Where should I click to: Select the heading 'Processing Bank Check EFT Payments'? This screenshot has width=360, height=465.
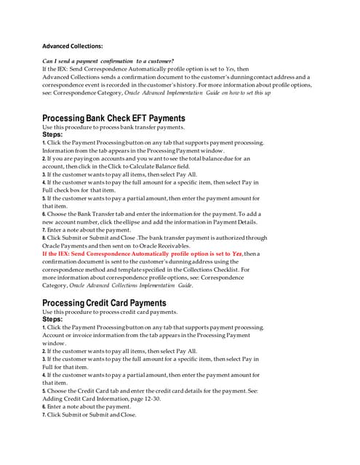coord(113,118)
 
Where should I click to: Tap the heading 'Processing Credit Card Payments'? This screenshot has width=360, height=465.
coord(104,302)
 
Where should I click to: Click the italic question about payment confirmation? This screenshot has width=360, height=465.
coord(108,60)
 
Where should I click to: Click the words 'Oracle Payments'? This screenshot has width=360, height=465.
coord(68,246)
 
